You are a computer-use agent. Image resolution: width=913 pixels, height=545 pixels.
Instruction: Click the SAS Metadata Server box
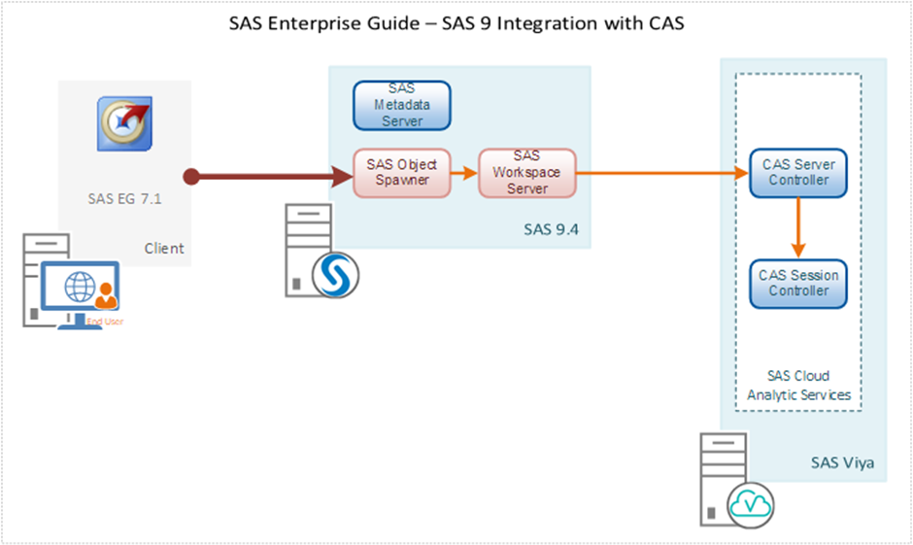pos(401,105)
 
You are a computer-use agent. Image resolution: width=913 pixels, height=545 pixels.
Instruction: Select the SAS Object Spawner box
pos(401,172)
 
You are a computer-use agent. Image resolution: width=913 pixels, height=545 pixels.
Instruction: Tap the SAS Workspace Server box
pos(526,172)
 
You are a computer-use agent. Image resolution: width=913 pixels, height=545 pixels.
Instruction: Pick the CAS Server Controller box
pos(797,172)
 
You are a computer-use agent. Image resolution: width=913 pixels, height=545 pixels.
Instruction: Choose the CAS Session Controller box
pos(798,283)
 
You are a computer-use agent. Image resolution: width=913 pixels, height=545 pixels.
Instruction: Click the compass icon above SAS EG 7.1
pos(123,123)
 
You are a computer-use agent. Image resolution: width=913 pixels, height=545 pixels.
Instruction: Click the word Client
pos(164,248)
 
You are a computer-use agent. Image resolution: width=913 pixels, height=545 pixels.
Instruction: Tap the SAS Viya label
pos(842,462)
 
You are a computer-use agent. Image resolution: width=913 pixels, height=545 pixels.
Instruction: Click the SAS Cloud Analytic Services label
pos(798,385)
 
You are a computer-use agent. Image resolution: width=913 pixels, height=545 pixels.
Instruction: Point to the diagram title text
pos(456,24)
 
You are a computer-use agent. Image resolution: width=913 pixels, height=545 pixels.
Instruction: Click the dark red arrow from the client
pos(272,177)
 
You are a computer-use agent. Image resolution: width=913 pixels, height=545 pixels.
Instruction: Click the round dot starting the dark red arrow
pos(192,177)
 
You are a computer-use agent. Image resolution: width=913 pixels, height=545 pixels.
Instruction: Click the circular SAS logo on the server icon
pos(336,276)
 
